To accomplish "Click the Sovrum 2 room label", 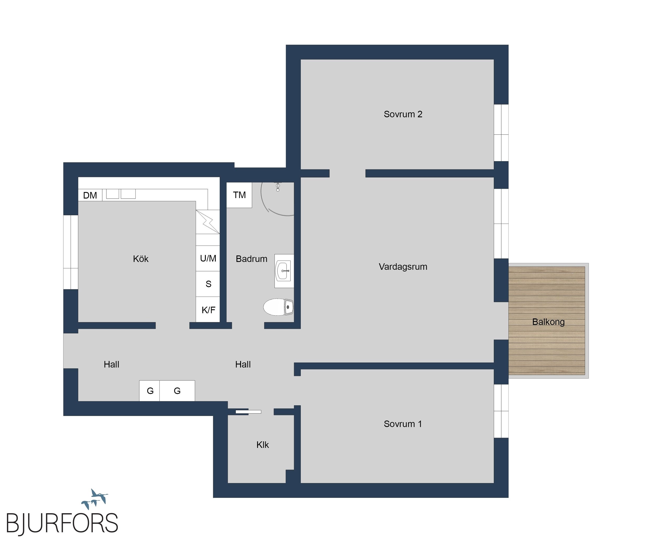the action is pyautogui.click(x=403, y=114).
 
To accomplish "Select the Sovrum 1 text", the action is pyautogui.click(x=403, y=424).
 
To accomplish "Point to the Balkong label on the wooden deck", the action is pyautogui.click(x=548, y=322).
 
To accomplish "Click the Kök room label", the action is pyautogui.click(x=141, y=259).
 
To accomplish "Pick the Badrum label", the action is pyautogui.click(x=251, y=259).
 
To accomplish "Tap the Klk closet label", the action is pyautogui.click(x=263, y=445).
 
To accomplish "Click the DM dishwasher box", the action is pyautogui.click(x=90, y=195).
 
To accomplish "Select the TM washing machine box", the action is pyautogui.click(x=239, y=195).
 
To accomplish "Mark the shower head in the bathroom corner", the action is pyautogui.click(x=278, y=187).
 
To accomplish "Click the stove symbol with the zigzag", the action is pyautogui.click(x=208, y=222).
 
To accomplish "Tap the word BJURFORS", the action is pyautogui.click(x=62, y=523).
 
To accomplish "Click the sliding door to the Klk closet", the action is pyautogui.click(x=248, y=412).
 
